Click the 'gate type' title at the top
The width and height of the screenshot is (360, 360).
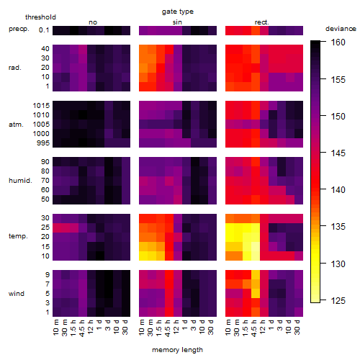point(178,12)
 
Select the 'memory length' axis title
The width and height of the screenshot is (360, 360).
point(177,350)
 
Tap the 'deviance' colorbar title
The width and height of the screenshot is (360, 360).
point(341,29)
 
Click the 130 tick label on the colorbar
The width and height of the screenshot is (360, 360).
point(338,264)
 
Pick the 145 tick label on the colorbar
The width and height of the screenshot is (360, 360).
point(338,153)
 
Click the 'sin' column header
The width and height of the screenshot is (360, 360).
point(177,22)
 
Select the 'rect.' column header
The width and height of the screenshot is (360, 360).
point(261,22)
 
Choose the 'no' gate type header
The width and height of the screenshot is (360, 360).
point(93,22)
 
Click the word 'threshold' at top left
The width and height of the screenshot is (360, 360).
point(40,17)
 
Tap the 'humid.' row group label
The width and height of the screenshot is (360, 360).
point(20,181)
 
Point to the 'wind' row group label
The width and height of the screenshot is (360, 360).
point(17,294)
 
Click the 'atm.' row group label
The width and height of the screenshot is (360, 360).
point(16,125)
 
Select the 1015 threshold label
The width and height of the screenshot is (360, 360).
point(41,106)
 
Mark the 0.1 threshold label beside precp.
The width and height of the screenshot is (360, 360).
point(44,30)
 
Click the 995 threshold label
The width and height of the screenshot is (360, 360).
point(43,143)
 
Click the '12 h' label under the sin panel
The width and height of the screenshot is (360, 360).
point(176,327)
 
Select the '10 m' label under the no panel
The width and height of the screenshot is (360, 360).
point(55,327)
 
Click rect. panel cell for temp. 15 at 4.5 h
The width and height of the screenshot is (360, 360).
point(256,246)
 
